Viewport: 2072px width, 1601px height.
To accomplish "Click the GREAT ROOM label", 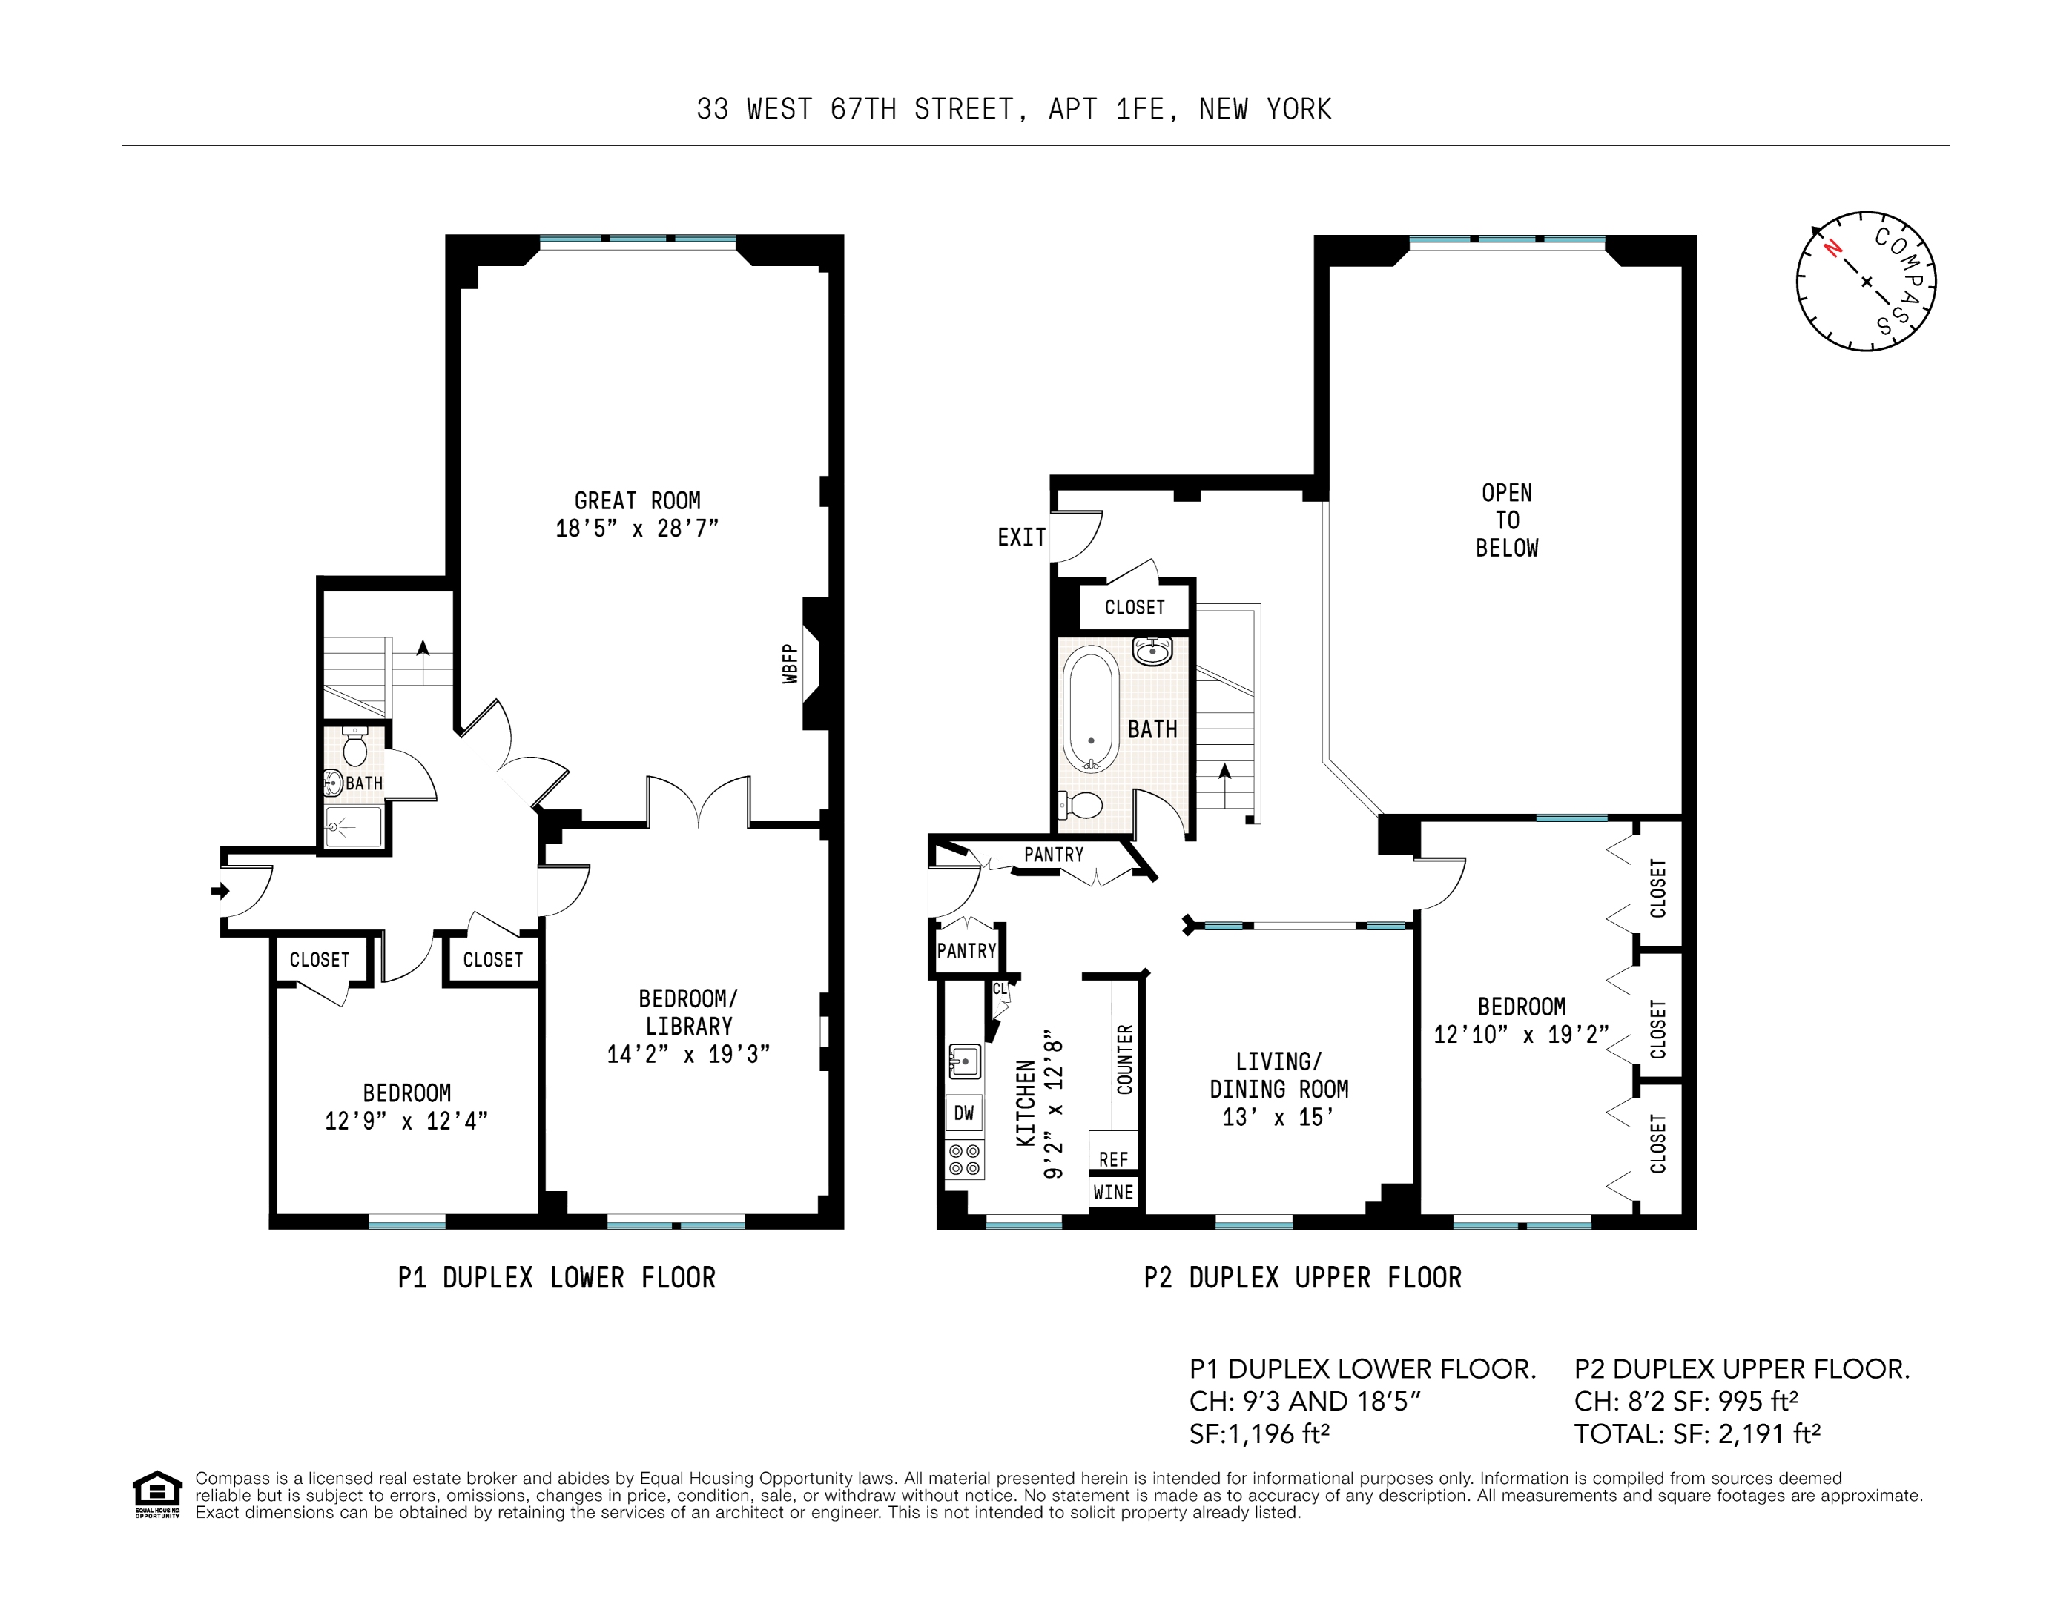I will [x=638, y=501].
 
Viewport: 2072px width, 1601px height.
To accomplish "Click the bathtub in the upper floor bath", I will [x=1091, y=709].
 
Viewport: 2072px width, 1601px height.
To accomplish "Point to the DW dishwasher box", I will [x=964, y=1113].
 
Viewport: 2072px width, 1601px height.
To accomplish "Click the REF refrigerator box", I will [x=1113, y=1159].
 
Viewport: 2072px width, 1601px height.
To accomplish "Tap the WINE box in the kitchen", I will [x=1113, y=1192].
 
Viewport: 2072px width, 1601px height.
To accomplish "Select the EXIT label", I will [x=1021, y=538].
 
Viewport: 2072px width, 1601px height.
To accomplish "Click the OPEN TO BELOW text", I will [x=1507, y=520].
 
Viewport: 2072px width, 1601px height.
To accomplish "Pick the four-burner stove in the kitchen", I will [x=964, y=1160].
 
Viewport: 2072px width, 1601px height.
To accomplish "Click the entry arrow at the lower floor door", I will [x=220, y=891].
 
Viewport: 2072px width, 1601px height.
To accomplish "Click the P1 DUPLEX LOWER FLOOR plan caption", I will [x=556, y=1278].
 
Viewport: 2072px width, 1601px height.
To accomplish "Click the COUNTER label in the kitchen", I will [x=1125, y=1058].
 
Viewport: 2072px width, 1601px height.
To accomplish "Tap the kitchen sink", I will [x=964, y=1061].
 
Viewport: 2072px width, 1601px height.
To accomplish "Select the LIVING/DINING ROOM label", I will [x=1278, y=1075].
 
